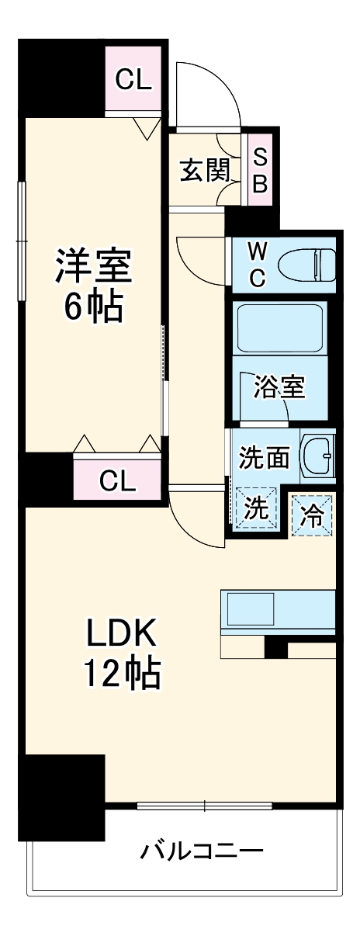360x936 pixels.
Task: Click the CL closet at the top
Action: coord(133,78)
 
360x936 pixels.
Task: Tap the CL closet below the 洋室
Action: coord(118,481)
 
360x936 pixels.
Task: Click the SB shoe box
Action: coord(261,171)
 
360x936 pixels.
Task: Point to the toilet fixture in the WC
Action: coord(306,265)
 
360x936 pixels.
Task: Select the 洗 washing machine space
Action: coord(254,508)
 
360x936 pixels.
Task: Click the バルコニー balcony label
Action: coord(202,851)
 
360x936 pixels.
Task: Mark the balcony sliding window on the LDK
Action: coord(204,806)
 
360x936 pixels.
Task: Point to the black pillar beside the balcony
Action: coord(61,796)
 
